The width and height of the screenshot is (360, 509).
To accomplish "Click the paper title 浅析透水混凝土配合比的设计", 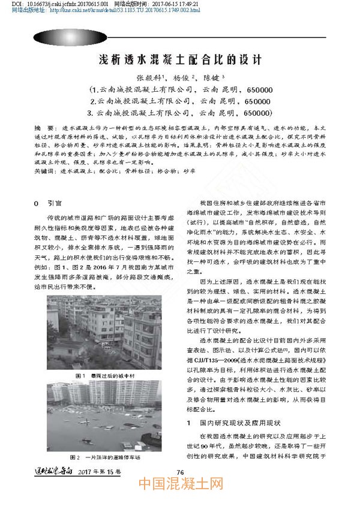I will pos(179,60).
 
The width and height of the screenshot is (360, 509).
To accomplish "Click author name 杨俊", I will pos(182,78).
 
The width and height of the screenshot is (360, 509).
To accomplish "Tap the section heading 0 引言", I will pos(47,203).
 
